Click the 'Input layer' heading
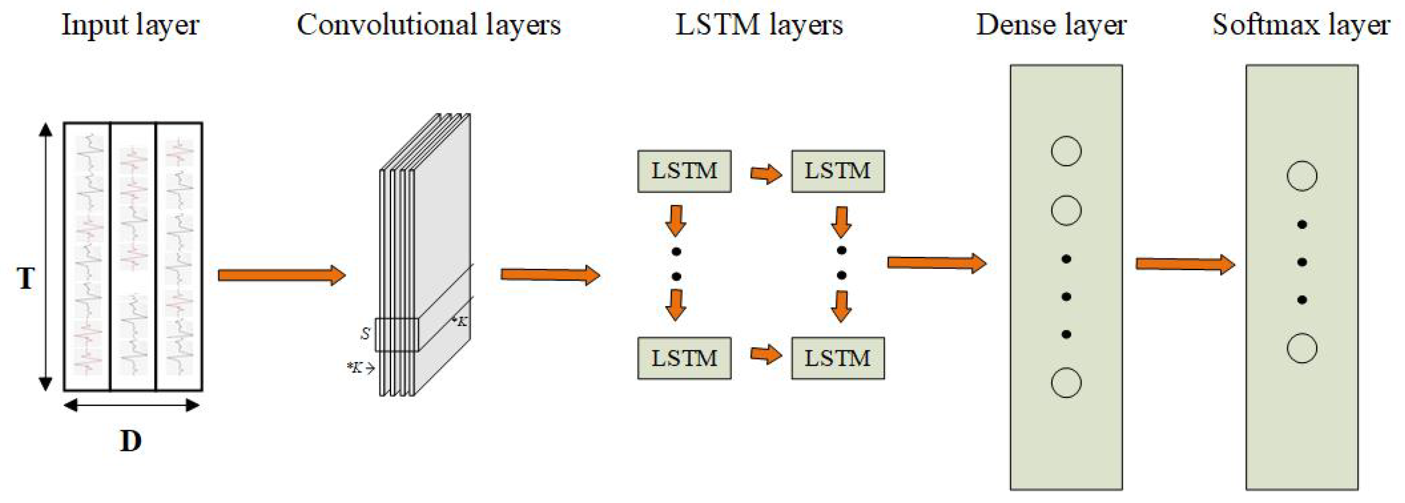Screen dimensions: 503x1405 coord(130,25)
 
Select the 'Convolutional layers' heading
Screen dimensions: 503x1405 coord(429,25)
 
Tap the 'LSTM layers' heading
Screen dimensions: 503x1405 coord(759,25)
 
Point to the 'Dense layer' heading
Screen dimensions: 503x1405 coord(1051,25)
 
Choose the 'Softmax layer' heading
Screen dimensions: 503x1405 coord(1301,25)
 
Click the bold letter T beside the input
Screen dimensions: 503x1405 coord(26,278)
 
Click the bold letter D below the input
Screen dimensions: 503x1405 coord(131,441)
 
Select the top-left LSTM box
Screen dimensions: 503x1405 coord(684,171)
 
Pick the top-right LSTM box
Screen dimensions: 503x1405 coord(838,171)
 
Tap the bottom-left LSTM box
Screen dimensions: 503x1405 coord(684,358)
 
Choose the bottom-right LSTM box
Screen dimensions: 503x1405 coord(838,358)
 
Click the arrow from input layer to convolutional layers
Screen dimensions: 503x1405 coord(281,275)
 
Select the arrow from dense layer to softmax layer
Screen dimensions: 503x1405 coord(1185,265)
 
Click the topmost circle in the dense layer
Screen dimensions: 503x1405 coord(1066,151)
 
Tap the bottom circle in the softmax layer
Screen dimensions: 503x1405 coord(1302,348)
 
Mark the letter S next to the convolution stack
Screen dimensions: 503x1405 coord(365,333)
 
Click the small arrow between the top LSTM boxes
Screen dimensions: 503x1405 coord(766,175)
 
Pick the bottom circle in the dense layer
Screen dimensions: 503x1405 coord(1066,382)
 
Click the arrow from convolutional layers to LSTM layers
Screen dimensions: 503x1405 coord(550,274)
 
